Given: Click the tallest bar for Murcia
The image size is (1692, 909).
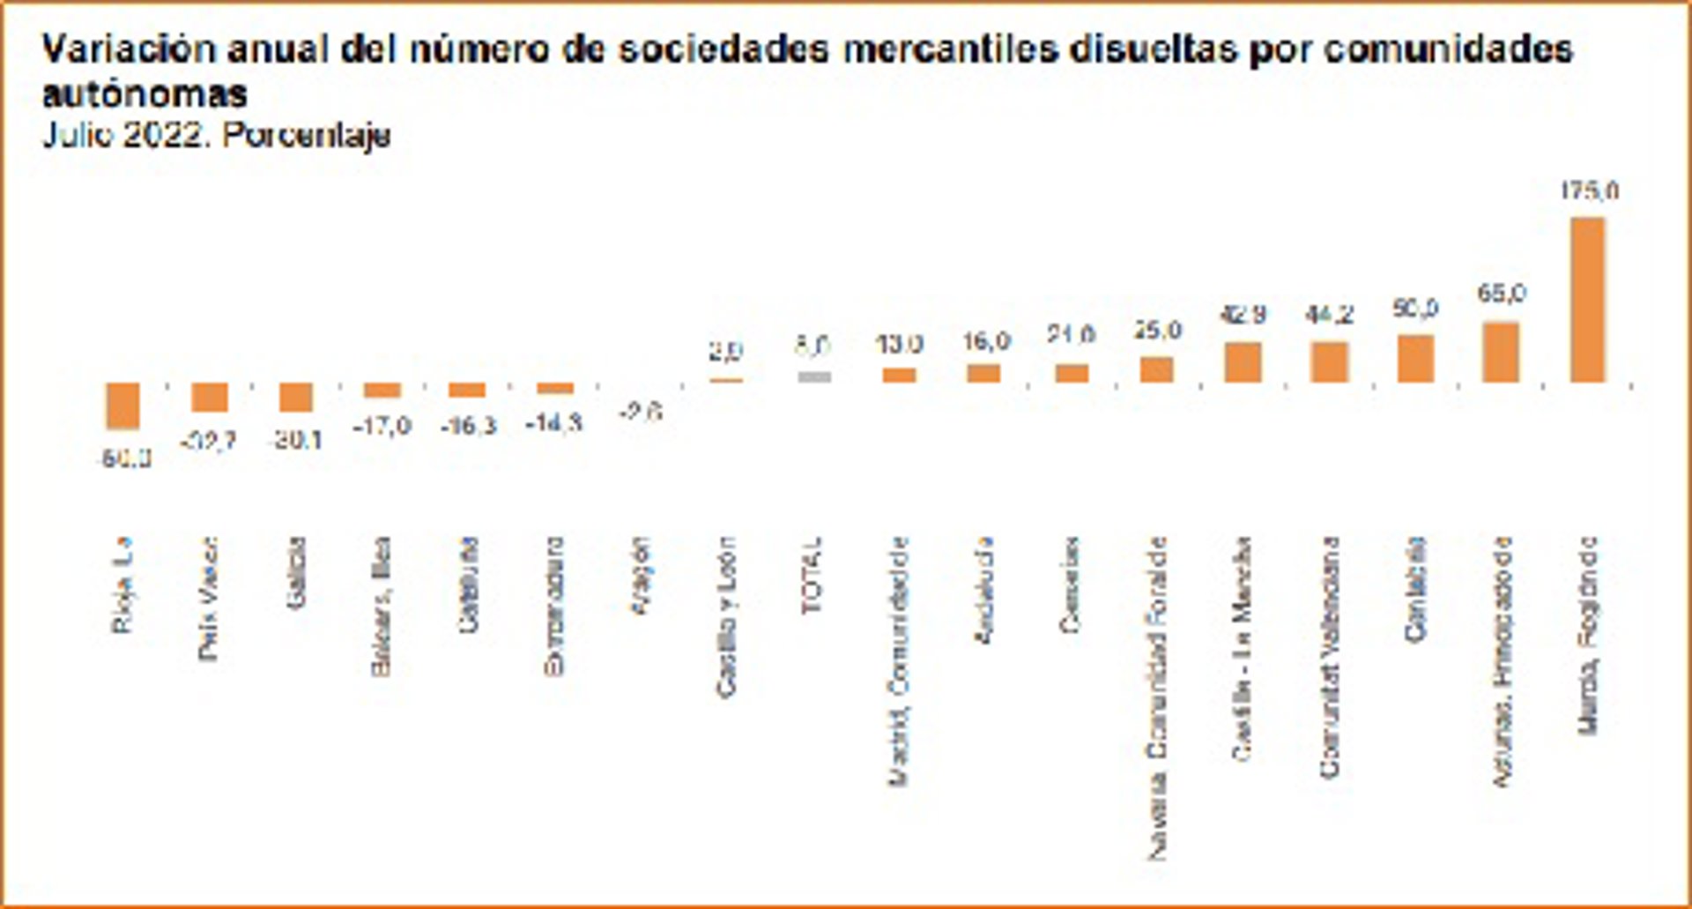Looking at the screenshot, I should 1588,300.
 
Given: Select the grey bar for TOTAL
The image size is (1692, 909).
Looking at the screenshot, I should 814,376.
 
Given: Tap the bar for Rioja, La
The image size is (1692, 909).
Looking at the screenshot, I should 123,406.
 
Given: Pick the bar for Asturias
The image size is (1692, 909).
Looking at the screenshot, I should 1501,352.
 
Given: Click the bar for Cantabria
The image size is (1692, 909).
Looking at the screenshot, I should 1415,358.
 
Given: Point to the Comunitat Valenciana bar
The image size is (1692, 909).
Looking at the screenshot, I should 1329,361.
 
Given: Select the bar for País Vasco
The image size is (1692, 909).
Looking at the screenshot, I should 210,397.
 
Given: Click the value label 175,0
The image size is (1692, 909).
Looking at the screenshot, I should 1590,190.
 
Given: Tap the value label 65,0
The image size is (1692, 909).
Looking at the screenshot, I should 1502,293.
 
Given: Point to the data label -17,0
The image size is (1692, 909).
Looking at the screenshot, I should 382,427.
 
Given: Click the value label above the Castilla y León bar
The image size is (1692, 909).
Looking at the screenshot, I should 726,350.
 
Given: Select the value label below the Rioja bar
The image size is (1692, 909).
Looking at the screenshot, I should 126,458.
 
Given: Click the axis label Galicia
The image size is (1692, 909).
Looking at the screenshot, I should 296,572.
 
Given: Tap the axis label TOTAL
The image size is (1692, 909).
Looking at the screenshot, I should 812,575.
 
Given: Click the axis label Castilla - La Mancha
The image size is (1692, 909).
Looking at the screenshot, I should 1242,649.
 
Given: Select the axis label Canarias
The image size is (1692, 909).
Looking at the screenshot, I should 1070,584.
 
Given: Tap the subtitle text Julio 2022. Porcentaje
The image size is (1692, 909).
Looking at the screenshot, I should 217,135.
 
